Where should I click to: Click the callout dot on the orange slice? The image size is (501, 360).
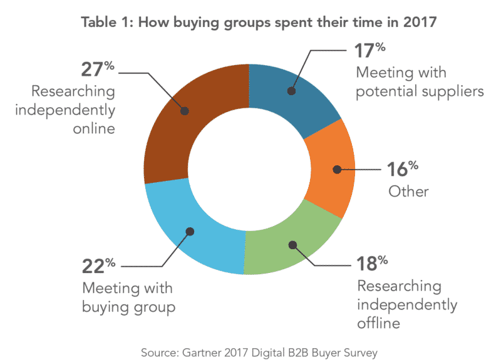tap(337, 169)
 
